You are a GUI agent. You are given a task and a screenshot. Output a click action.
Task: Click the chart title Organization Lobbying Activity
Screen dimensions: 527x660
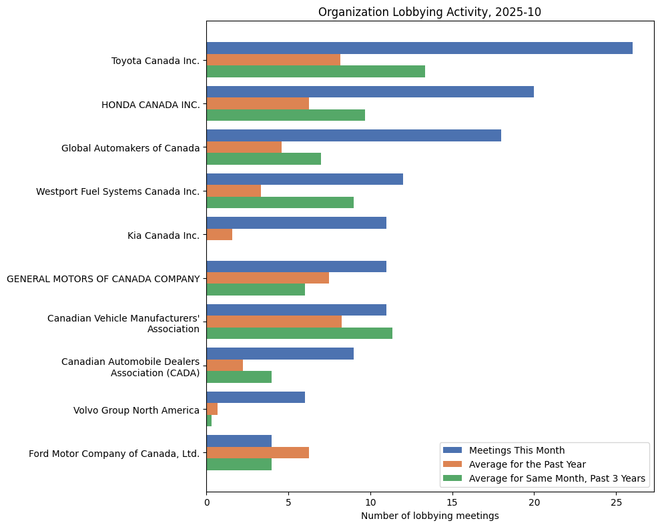[x=429, y=12]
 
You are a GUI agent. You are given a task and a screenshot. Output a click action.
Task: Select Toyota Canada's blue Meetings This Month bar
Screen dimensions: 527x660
[x=419, y=48]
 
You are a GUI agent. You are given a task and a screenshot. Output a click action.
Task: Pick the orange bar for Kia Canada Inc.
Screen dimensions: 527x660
[x=220, y=234]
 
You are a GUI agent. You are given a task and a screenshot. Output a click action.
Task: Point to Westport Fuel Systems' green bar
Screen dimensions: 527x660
[x=280, y=202]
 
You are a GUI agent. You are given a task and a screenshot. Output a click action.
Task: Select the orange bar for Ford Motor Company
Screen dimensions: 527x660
[x=258, y=453]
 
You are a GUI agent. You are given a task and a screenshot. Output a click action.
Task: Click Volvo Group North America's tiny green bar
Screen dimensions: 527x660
[x=209, y=420]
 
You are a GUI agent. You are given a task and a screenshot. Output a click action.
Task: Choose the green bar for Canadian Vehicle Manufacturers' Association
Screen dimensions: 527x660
[x=299, y=333]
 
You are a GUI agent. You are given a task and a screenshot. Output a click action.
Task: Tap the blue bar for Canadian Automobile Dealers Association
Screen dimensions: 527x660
[x=280, y=354]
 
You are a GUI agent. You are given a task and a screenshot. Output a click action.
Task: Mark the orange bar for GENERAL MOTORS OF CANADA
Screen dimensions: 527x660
[x=268, y=278]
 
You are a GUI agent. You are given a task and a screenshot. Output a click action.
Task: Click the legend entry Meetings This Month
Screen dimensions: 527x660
[x=517, y=450]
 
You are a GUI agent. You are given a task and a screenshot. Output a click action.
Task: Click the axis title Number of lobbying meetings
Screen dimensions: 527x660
[x=429, y=516]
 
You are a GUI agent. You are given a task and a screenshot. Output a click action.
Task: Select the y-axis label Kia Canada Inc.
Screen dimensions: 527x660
[x=163, y=235]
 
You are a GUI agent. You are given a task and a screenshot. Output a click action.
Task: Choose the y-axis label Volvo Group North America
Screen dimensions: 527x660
[x=136, y=410]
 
